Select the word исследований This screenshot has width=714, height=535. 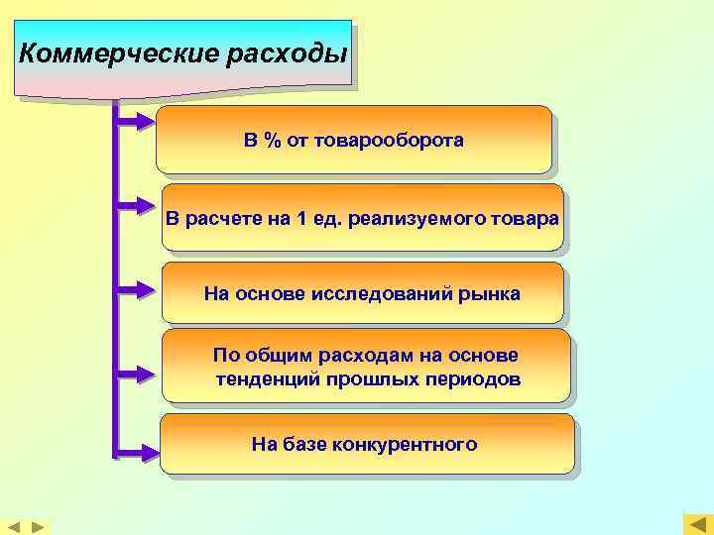coord(382,293)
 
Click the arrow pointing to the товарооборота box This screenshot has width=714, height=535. coord(134,122)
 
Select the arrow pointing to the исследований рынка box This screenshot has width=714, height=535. coord(134,289)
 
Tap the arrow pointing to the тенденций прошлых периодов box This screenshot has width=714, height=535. coord(134,374)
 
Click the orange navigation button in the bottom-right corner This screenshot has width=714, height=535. coord(698,524)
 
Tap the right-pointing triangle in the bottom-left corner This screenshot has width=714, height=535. coord(37,526)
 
